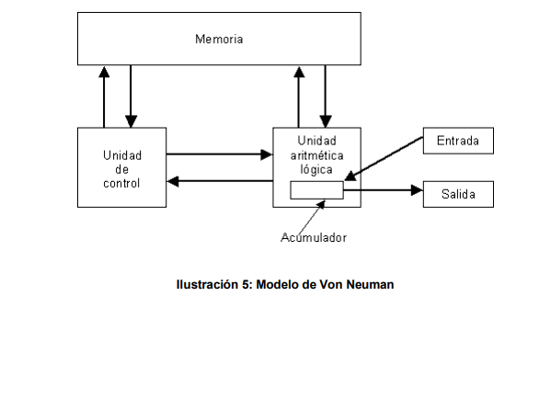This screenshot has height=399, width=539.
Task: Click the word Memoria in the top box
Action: [x=220, y=40]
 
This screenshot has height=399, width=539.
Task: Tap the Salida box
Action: [x=458, y=194]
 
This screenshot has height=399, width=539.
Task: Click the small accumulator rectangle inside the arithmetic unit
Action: [x=316, y=190]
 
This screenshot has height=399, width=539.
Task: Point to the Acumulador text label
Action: [x=314, y=238]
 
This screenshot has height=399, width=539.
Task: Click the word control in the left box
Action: [x=122, y=183]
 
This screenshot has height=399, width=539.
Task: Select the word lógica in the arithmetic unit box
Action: [x=316, y=170]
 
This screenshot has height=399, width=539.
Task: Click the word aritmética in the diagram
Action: [x=316, y=157]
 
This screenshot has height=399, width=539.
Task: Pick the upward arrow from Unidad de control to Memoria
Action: [x=104, y=97]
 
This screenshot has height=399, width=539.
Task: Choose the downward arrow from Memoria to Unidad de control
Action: [x=131, y=97]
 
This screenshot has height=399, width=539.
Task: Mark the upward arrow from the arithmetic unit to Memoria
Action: [x=298, y=97]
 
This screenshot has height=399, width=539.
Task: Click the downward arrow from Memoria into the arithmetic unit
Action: [x=325, y=97]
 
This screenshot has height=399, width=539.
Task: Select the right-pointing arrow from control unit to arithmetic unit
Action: [x=219, y=155]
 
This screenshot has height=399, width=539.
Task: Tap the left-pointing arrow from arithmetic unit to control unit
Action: [x=219, y=181]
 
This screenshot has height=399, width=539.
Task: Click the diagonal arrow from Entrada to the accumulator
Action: [x=384, y=159]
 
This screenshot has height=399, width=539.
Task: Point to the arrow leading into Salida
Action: [x=383, y=191]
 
